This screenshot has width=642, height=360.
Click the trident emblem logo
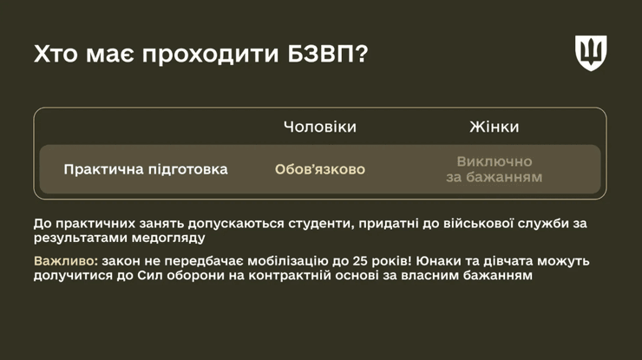590,53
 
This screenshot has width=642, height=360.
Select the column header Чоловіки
319,127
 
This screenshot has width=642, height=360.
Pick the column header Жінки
494,127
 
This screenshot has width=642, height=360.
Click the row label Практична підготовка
146,169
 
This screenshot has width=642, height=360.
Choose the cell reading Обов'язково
319,169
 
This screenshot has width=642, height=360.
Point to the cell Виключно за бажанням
494,169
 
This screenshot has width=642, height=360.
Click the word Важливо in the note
65,261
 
